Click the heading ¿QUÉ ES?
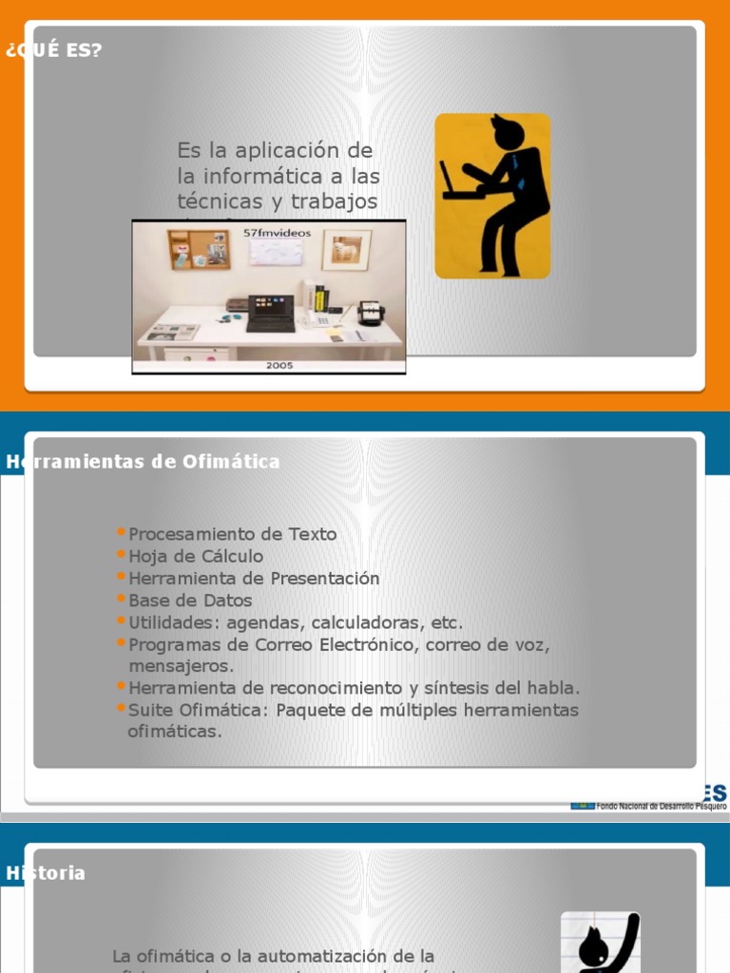pyautogui.click(x=53, y=50)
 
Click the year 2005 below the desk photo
pyautogui.click(x=279, y=365)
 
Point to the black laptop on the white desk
pyautogui.click(x=271, y=313)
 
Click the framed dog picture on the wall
pyautogui.click(x=346, y=250)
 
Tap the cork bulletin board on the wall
pyautogui.click(x=199, y=249)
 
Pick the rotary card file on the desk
pyautogui.click(x=370, y=312)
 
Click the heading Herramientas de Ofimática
pyautogui.click(x=144, y=462)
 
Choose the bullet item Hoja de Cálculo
pyautogui.click(x=196, y=556)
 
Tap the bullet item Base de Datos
pyautogui.click(x=190, y=601)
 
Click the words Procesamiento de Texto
pyautogui.click(x=233, y=534)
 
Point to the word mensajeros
pyautogui.click(x=181, y=666)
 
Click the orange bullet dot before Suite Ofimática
pyautogui.click(x=121, y=709)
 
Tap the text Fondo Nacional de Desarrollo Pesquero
pyautogui.click(x=661, y=805)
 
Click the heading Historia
pyautogui.click(x=46, y=873)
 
